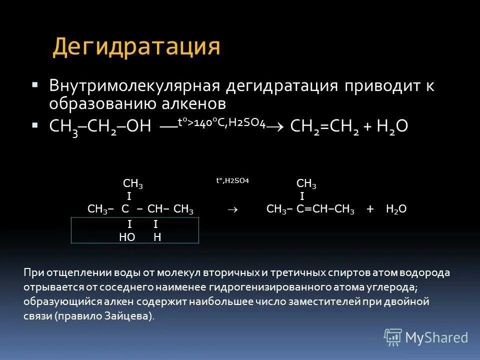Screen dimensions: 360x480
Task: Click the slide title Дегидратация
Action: click(136, 46)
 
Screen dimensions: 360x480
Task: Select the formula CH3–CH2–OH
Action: click(100, 126)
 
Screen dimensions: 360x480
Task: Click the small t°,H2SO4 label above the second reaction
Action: click(232, 180)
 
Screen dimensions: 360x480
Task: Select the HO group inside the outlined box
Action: click(127, 237)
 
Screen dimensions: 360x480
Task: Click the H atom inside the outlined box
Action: click(157, 237)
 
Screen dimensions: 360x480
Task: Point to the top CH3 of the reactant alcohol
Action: click(133, 185)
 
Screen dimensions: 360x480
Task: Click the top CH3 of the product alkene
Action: click(306, 184)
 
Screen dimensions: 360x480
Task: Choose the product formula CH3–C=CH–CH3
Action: click(310, 209)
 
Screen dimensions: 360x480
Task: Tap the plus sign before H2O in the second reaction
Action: click(370, 209)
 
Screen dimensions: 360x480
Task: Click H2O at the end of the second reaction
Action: click(396, 209)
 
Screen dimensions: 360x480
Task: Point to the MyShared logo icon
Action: click(392, 337)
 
